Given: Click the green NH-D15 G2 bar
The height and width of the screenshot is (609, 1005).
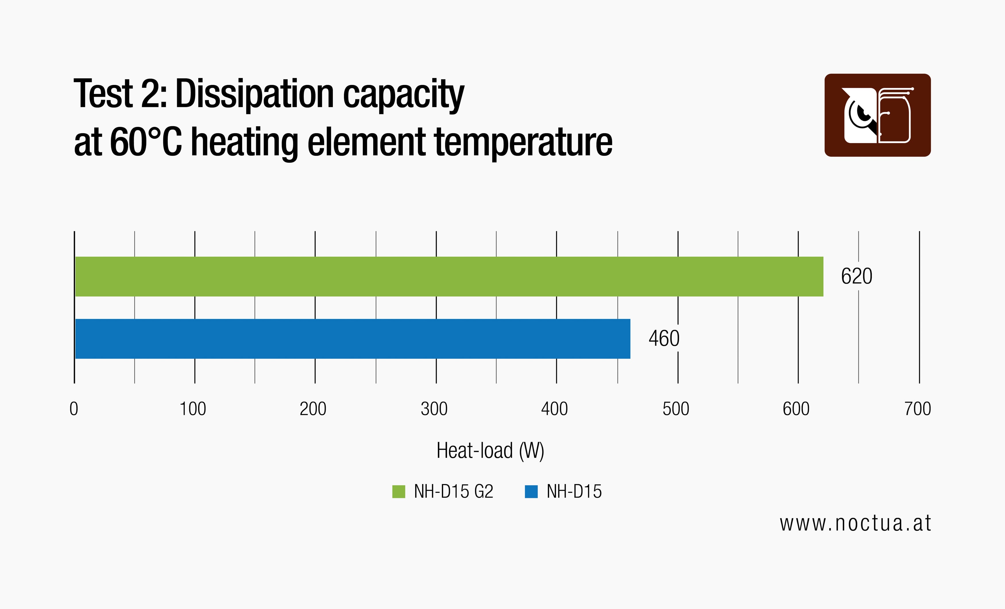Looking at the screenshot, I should pyautogui.click(x=449, y=277).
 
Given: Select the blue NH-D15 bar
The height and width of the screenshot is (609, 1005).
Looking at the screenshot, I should pyautogui.click(x=353, y=339).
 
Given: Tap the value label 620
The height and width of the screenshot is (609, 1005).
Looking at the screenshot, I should pyautogui.click(x=857, y=277).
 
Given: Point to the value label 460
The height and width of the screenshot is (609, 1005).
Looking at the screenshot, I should pyautogui.click(x=664, y=339).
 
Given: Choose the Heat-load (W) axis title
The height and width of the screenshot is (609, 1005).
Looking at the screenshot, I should pyautogui.click(x=490, y=451).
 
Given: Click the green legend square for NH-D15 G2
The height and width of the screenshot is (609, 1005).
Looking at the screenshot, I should pyautogui.click(x=399, y=492).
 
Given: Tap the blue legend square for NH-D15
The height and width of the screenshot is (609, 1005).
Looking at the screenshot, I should pyautogui.click(x=531, y=492).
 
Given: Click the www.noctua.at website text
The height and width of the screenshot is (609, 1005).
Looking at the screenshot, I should pyautogui.click(x=855, y=524).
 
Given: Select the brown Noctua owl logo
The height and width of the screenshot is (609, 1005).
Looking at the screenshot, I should pyautogui.click(x=877, y=115).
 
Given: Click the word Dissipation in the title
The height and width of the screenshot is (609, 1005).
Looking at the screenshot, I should pyautogui.click(x=254, y=95).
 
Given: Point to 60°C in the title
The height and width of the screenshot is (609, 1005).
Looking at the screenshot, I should pyautogui.click(x=146, y=142).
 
